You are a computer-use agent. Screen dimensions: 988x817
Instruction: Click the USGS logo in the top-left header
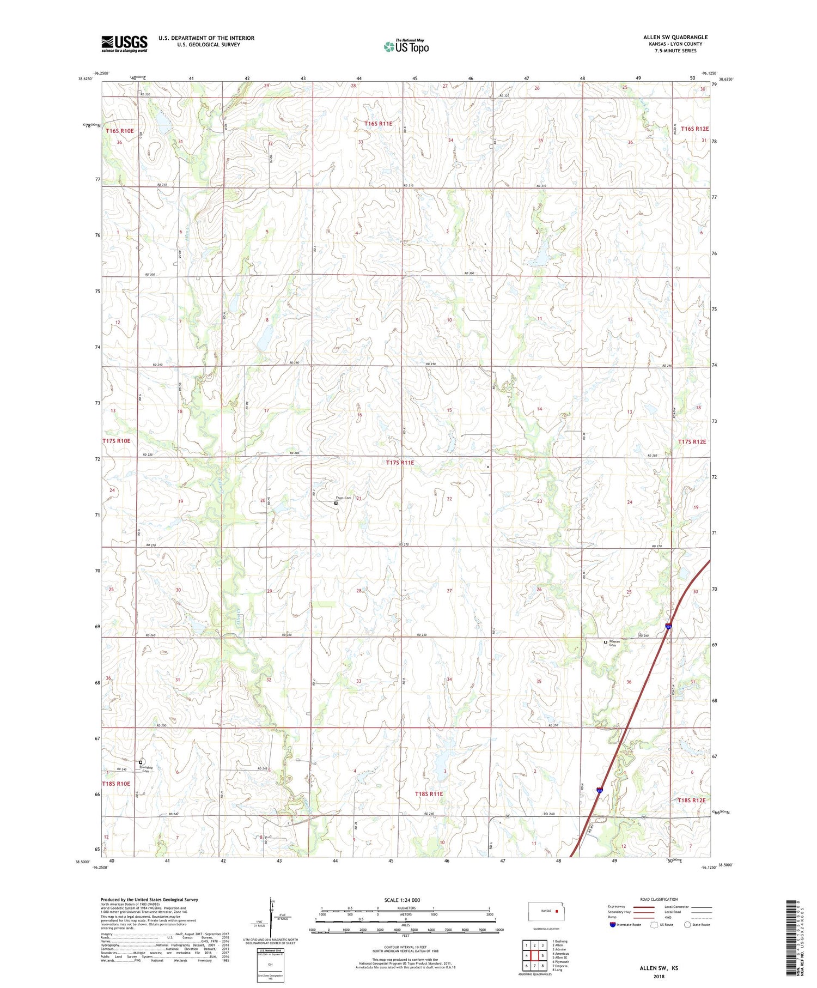point(124,44)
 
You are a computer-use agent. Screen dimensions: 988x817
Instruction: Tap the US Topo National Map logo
point(406,46)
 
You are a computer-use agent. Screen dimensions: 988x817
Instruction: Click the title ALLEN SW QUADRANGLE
point(675,37)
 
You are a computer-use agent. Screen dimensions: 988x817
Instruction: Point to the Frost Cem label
point(343,498)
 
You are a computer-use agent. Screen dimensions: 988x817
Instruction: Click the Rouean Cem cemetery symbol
point(605,642)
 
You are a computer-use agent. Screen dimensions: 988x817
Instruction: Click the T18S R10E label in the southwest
point(116,784)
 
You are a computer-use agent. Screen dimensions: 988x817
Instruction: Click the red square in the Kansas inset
point(557,910)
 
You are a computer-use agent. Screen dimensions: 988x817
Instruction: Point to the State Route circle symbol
point(687,924)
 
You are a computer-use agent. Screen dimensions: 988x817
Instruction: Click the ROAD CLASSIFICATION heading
point(659,899)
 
